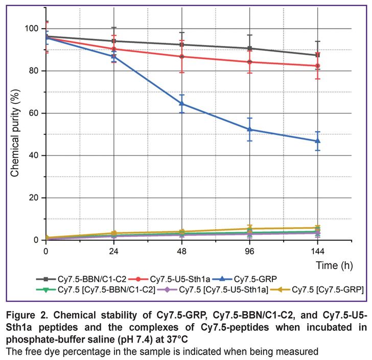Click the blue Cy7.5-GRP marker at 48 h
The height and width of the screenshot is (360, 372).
coord(182,103)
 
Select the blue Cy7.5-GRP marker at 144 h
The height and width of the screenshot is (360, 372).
coord(317,141)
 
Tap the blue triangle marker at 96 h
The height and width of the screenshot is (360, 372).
coord(250,129)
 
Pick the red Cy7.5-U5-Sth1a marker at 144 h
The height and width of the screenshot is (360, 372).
coord(317,66)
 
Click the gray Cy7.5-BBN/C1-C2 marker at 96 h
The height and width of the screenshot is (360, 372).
coord(250,49)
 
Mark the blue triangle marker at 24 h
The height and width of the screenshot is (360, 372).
coord(114,56)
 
